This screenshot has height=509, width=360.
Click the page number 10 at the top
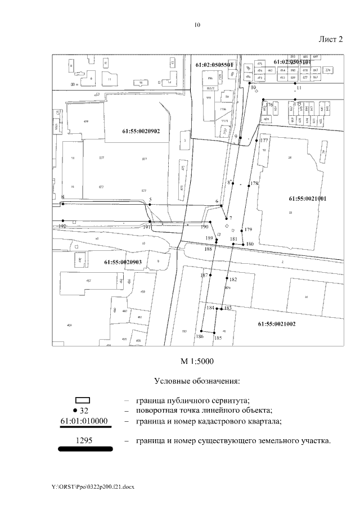pos(197,25)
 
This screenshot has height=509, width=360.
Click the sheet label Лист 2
pos(330,39)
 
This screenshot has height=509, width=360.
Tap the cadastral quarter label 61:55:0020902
pos(141,131)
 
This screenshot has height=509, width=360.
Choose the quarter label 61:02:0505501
pos(214,65)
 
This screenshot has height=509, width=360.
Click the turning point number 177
pos(264,141)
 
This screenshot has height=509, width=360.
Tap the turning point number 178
pos(254,184)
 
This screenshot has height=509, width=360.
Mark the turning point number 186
pos(199,336)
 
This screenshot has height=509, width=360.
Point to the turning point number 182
pos(233,280)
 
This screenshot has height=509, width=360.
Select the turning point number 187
pos(205,276)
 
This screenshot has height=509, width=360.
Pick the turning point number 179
pos(249,229)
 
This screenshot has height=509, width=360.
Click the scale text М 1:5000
pos(197,361)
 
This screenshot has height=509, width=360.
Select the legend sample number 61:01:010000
pos(87,421)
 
